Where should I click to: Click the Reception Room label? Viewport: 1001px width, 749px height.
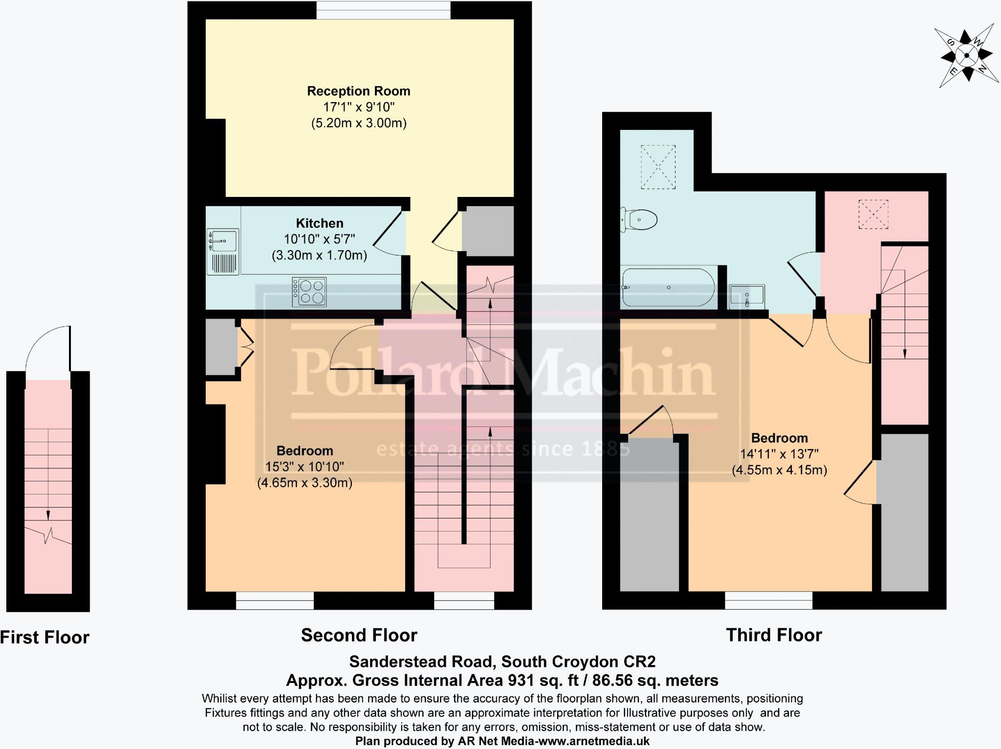358,91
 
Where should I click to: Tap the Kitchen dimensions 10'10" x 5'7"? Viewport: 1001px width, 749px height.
319,239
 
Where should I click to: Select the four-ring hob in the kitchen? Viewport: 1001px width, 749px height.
309,292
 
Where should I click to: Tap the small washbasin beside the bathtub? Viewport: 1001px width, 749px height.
747,296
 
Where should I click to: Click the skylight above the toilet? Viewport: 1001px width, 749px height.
658,167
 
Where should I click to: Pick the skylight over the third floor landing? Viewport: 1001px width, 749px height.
873,214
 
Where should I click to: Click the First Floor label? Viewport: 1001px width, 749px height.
44,638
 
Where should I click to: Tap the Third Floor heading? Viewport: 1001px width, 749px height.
774,635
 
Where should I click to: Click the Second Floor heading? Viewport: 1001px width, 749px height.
359,635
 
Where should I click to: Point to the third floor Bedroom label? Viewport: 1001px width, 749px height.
779,438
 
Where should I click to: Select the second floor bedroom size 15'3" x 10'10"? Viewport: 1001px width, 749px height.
305,467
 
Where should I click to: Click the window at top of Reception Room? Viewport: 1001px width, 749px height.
383,10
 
